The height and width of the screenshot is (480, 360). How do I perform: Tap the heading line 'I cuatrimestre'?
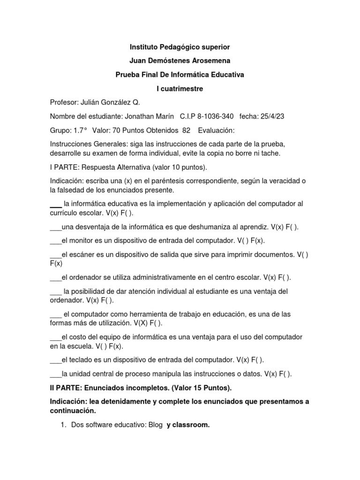click(x=180, y=88)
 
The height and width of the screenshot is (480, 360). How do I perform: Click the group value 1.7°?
click(x=80, y=129)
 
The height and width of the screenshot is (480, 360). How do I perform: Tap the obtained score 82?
click(x=186, y=129)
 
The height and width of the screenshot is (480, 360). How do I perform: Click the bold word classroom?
click(x=192, y=425)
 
